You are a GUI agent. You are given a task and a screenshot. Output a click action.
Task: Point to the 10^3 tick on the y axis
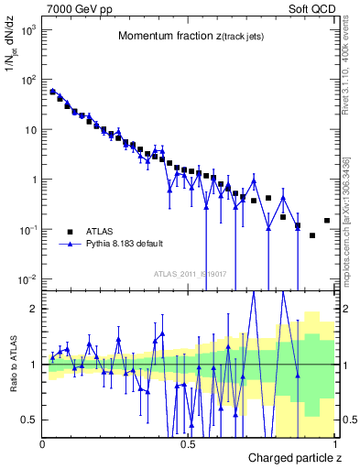[x=27, y=30]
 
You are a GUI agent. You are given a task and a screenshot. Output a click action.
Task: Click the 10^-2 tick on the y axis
[x=27, y=278]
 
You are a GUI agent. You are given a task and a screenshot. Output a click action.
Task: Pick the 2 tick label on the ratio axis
[x=33, y=309]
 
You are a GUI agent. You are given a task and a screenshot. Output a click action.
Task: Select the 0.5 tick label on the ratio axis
[x=29, y=420]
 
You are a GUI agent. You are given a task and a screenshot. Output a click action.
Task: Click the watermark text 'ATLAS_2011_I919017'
[x=188, y=273]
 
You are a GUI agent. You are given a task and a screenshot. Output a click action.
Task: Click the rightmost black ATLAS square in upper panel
[x=327, y=221]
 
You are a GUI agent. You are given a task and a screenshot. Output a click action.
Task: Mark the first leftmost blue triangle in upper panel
[x=52, y=92]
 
